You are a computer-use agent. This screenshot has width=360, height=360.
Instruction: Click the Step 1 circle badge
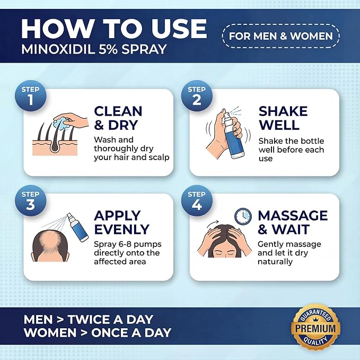tap(31, 95)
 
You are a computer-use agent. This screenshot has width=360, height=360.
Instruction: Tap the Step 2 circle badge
tap(197, 95)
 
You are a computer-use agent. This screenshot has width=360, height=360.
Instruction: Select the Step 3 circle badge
tap(31, 200)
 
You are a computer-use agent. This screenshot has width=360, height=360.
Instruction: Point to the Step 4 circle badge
tap(197, 200)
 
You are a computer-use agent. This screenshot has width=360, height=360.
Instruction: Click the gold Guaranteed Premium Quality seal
tap(315, 328)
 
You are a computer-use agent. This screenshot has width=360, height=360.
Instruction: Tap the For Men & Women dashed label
tap(281, 36)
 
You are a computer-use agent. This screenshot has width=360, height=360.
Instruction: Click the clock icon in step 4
tap(243, 216)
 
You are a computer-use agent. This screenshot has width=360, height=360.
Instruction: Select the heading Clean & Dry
tap(118, 118)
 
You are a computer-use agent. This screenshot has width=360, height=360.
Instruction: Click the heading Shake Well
tap(283, 118)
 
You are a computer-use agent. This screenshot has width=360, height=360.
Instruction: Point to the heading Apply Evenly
tap(122, 223)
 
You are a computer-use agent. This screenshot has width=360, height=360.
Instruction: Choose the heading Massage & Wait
tap(293, 223)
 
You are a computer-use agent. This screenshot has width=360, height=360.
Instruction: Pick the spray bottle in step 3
tap(77, 227)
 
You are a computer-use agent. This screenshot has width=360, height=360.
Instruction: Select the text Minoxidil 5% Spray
tap(94, 49)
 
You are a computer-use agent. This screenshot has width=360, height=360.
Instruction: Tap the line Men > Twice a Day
tap(89, 319)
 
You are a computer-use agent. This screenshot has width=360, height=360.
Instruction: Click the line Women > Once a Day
tap(98, 332)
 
